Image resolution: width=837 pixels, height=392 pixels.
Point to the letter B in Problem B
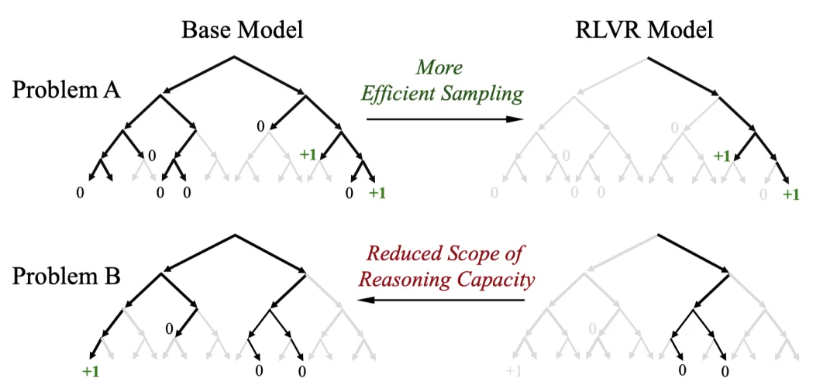coord(112,277)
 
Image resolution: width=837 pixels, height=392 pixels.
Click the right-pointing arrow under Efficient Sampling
coord(444,119)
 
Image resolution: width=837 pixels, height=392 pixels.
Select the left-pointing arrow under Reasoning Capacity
coord(440,301)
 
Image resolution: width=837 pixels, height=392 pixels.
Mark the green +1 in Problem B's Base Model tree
coord(91,372)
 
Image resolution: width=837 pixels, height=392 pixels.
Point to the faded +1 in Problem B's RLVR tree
coord(513,372)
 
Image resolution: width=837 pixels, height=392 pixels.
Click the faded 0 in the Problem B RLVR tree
coord(591,329)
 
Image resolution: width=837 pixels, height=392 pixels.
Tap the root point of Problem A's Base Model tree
coord(234,56)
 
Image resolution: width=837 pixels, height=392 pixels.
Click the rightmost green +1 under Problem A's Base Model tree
coord(376,193)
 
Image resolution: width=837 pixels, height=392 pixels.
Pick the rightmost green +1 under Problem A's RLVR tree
coord(790,194)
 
